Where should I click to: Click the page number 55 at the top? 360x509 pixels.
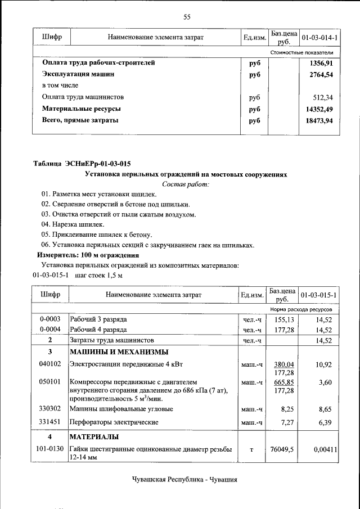click(x=187, y=17)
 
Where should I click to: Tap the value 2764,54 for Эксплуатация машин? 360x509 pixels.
click(x=321, y=74)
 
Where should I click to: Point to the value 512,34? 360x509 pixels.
click(x=323, y=97)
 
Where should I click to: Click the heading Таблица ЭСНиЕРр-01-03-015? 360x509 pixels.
click(x=82, y=164)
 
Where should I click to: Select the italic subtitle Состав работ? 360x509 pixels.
click(x=186, y=184)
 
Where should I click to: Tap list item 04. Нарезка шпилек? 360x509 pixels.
click(x=73, y=224)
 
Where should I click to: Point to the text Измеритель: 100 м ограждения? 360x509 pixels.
click(x=80, y=255)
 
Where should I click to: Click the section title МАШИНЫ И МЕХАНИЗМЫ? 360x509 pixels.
click(x=118, y=352)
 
